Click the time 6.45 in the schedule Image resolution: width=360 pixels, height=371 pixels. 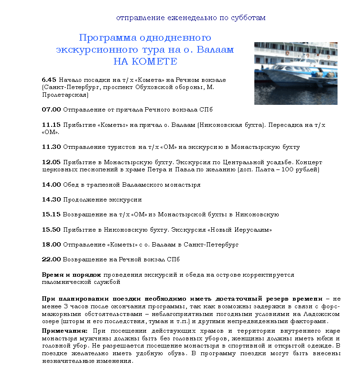coord(49,79)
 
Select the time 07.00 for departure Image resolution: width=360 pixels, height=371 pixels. coord(52,110)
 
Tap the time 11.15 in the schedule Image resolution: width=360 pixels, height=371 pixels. coord(51,124)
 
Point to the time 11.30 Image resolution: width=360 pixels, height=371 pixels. coord(51,147)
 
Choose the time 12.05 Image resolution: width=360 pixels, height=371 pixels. coord(51,162)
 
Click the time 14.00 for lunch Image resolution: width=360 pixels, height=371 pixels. coord(52,184)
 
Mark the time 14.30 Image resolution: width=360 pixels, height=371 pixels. coord(52,199)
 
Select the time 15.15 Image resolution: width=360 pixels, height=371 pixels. coord(52,214)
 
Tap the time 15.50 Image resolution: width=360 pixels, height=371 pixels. coord(52,229)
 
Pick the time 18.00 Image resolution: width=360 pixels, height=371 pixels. coord(52,245)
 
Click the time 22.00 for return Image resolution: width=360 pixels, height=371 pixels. coord(52,259)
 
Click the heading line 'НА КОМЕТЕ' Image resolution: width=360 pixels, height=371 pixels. coord(145,62)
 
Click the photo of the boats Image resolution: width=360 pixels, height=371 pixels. coord(295,73)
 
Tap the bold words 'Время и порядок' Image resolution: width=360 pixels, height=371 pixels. coord(72,275)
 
